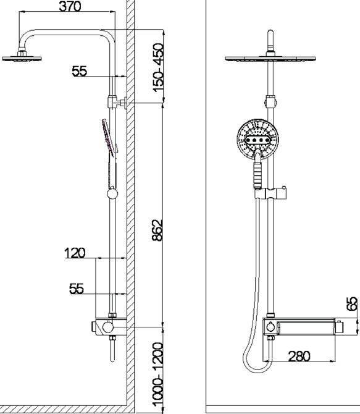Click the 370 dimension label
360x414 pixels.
click(x=70, y=6)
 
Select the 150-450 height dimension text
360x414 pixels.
click(x=158, y=68)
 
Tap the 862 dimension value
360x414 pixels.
click(x=157, y=230)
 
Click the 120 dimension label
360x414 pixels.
click(x=75, y=253)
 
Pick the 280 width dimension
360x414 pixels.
click(x=299, y=356)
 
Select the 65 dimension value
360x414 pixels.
click(x=352, y=303)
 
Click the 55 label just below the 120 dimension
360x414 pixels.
click(x=77, y=289)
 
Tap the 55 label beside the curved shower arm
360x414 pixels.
click(x=80, y=71)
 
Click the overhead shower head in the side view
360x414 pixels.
click(x=22, y=58)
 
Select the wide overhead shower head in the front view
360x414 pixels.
click(x=270, y=58)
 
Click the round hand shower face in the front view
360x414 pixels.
click(x=257, y=139)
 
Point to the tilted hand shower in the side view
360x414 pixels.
click(x=109, y=138)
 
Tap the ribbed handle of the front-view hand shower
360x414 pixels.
click(x=257, y=175)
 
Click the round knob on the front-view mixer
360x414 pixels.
click(x=270, y=327)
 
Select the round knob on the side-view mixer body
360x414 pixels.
click(x=107, y=327)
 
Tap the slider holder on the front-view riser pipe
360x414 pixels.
click(x=270, y=193)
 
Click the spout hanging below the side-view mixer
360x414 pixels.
click(x=112, y=349)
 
